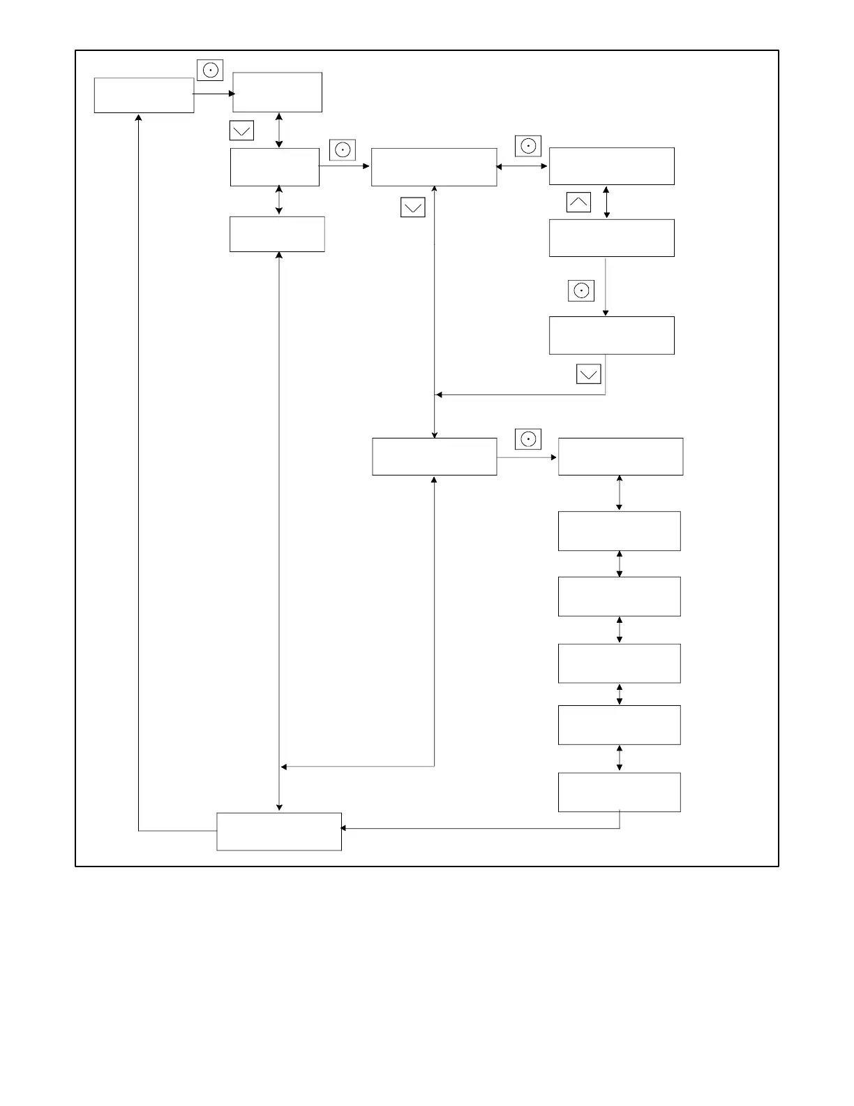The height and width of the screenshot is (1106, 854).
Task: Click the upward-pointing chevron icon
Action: tap(578, 202)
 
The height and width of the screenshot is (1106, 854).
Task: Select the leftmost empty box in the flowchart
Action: tap(144, 95)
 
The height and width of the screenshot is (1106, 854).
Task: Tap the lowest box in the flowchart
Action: tap(279, 832)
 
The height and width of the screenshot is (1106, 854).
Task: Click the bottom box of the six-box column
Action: tap(620, 792)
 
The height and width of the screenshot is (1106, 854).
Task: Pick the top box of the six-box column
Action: tap(620, 457)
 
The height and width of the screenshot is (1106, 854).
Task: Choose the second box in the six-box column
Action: tap(620, 531)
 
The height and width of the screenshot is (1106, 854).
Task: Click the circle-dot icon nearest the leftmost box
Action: tap(210, 71)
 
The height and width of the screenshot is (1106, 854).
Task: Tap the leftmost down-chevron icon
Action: tap(241, 131)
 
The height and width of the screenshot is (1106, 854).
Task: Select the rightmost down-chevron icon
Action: tap(589, 374)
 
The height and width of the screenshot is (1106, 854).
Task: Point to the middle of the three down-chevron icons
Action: tap(413, 207)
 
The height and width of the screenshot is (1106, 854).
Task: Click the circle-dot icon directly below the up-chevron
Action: tap(581, 290)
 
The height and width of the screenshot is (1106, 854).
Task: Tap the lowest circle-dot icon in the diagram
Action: tap(528, 439)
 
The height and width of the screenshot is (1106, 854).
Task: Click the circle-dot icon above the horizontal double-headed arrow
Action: tap(528, 147)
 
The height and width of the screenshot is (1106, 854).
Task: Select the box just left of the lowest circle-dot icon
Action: tap(435, 457)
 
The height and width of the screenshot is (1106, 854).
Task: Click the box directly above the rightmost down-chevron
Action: tap(612, 335)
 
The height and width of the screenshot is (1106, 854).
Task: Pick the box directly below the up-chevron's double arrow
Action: tap(612, 238)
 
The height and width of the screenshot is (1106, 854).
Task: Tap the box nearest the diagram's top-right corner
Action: tap(612, 166)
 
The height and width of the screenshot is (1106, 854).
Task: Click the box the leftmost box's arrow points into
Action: tap(277, 92)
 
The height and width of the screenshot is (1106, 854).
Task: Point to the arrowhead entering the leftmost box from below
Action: tap(139, 117)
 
